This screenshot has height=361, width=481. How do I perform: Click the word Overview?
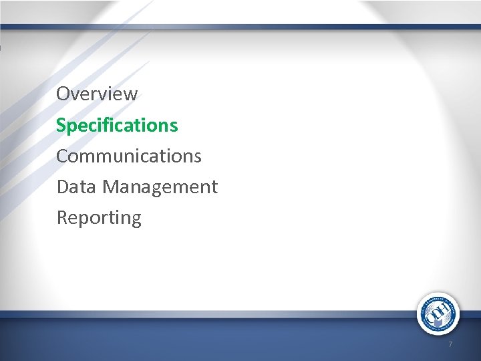click(97, 94)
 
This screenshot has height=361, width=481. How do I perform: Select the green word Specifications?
click(117, 125)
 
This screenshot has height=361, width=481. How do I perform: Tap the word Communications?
click(128, 156)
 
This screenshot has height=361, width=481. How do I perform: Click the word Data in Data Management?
click(77, 187)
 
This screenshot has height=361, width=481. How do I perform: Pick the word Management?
click(160, 187)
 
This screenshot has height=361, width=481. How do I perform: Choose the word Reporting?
click(99, 218)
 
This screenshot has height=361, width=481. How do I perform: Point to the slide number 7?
click(450, 344)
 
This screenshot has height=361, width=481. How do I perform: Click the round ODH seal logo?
click(438, 314)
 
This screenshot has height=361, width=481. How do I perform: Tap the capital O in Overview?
click(63, 94)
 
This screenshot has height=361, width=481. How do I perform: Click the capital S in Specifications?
click(61, 125)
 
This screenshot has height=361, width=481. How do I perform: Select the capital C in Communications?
click(63, 156)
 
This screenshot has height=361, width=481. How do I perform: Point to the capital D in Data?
click(63, 187)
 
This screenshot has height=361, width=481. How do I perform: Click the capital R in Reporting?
click(62, 217)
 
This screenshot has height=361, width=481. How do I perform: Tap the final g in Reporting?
click(136, 219)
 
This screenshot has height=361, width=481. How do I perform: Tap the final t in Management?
click(214, 187)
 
